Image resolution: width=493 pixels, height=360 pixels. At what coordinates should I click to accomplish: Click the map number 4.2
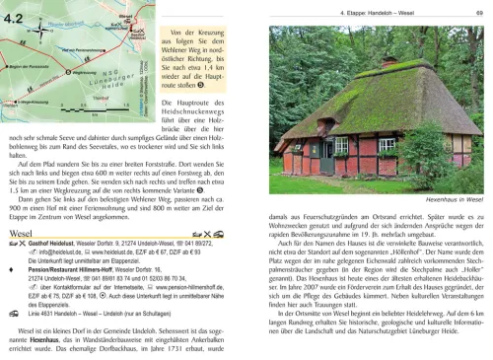[x=19, y=15]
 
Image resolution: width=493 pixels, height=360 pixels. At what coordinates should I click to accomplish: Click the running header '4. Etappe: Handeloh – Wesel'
[x=404, y=13]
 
